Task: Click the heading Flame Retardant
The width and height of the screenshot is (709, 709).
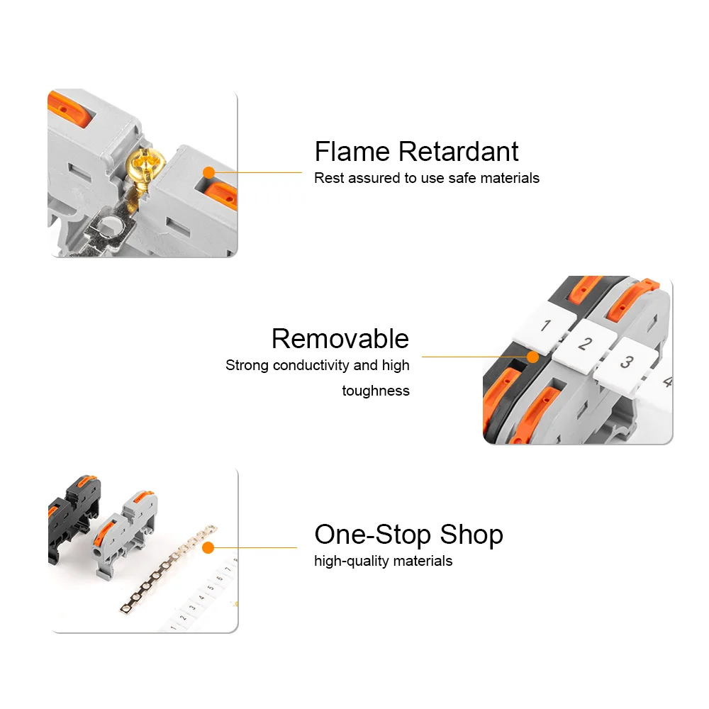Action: [x=416, y=151]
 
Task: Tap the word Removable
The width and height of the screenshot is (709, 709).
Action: [x=340, y=338]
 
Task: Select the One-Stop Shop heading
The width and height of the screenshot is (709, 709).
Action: [x=409, y=535]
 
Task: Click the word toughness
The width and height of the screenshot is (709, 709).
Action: [x=376, y=391]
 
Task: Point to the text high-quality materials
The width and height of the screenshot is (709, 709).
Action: [x=384, y=561]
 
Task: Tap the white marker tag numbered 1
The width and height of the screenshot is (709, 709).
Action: [x=545, y=325]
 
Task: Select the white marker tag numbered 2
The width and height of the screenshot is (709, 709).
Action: [x=584, y=345]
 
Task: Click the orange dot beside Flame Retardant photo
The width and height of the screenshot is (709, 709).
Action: [x=209, y=173]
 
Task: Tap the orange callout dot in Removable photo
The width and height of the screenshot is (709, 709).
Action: [x=533, y=357]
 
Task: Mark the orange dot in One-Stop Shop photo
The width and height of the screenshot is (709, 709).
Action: [x=208, y=548]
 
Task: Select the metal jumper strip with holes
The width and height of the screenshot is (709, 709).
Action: [x=168, y=569]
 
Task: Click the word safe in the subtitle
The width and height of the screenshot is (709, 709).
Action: [x=462, y=178]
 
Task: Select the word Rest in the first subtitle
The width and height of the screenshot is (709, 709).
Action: [x=329, y=178]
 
